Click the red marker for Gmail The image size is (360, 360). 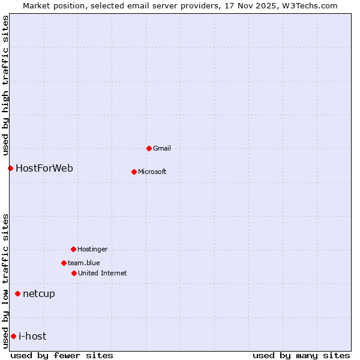[149, 148]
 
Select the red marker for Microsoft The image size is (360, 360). [134, 172]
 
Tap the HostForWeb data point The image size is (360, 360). [10, 168]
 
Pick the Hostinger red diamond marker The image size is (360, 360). [73, 249]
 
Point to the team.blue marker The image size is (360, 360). [64, 263]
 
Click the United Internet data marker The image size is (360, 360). [74, 273]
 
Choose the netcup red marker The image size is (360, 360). [17, 293]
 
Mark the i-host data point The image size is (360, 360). [13, 336]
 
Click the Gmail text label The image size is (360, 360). [162, 148]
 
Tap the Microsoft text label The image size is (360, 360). [152, 172]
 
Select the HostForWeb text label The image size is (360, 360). [44, 168]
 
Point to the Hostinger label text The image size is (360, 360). [92, 249]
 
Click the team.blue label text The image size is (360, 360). [84, 263]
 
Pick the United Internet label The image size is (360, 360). [103, 273]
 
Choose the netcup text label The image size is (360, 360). [39, 293]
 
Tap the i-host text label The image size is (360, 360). [32, 336]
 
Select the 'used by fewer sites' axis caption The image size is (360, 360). [62, 355]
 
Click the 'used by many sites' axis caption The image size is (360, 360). [301, 355]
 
